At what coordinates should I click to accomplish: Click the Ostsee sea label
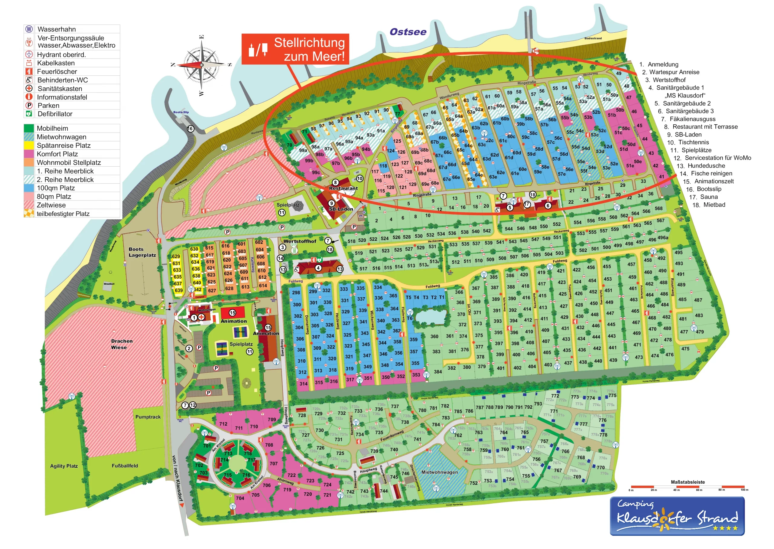click(x=408, y=32)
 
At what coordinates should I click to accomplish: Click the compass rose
click(x=201, y=64)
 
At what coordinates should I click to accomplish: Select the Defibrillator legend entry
click(x=55, y=114)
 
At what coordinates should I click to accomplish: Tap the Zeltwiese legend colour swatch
click(x=29, y=205)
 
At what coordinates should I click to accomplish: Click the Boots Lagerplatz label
click(x=142, y=252)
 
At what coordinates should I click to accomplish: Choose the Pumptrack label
click(x=148, y=417)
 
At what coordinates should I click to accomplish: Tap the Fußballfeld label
click(x=125, y=466)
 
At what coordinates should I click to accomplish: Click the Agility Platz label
click(x=64, y=466)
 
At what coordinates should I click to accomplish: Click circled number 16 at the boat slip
click(x=190, y=129)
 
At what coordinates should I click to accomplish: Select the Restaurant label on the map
click(x=343, y=188)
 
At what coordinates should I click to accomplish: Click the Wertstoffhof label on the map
click(x=299, y=241)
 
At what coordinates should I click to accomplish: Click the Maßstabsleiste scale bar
click(x=688, y=487)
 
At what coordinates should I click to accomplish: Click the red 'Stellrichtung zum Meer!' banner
click(x=295, y=49)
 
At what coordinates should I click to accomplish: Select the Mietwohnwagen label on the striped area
click(x=439, y=472)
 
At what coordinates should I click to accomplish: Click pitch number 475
click(x=685, y=349)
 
